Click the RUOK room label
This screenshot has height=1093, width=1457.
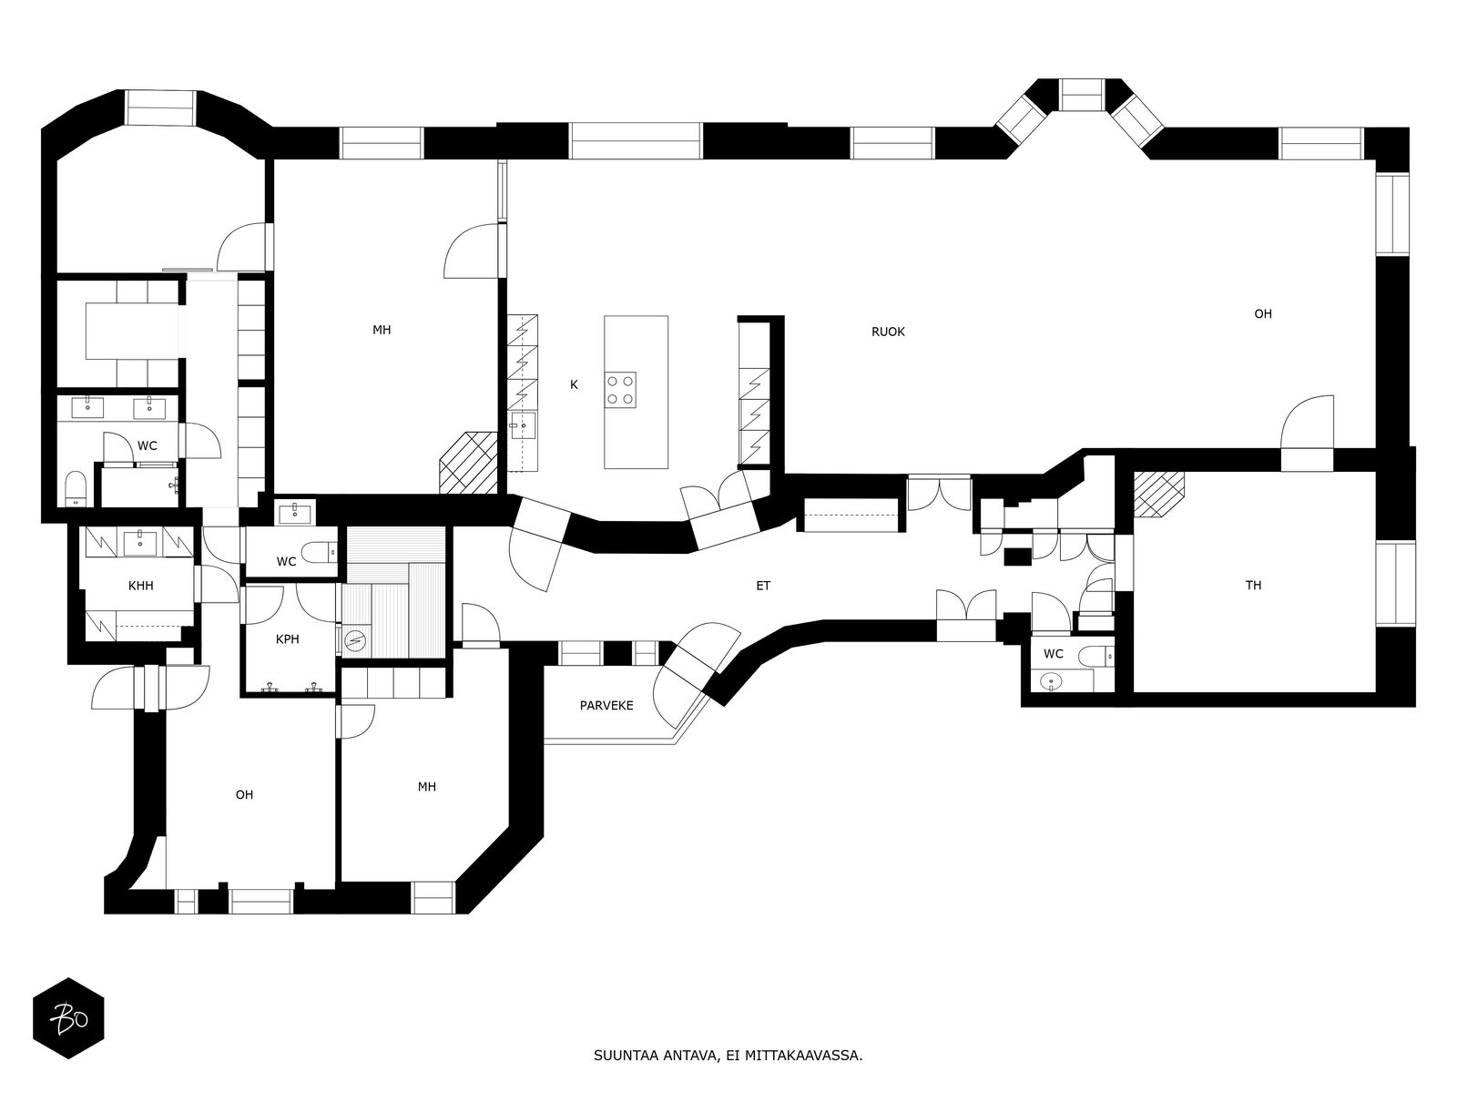[888, 332]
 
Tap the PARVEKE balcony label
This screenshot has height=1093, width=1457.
[606, 705]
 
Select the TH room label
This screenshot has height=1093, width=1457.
[1253, 585]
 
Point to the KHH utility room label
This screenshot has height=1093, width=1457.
[141, 586]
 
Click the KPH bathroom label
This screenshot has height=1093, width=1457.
[288, 639]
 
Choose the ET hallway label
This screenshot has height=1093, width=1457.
[763, 586]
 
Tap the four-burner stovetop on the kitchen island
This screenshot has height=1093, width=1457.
[620, 390]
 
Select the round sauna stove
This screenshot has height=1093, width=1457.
[356, 640]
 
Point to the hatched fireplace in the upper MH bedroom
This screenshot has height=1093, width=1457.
[469, 463]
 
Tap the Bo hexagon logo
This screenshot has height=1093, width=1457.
[69, 1018]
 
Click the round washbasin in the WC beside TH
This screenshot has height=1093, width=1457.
[1049, 681]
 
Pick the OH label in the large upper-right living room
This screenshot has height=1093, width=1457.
[1262, 314]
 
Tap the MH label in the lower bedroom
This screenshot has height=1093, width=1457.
[427, 787]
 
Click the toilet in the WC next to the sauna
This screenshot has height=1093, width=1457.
[320, 551]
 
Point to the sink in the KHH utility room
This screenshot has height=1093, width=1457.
[141, 542]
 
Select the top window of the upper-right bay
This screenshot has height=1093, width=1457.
[1081, 95]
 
